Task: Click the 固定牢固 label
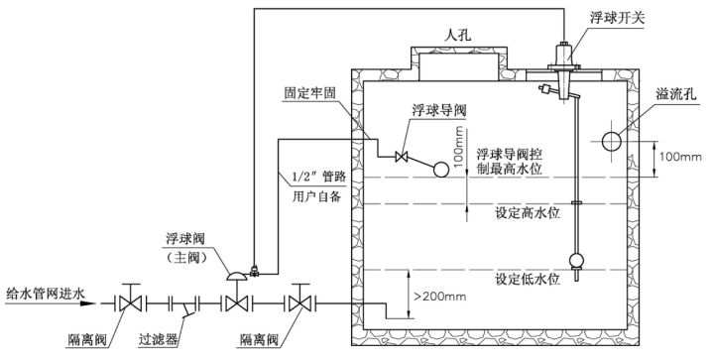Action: coord(313,93)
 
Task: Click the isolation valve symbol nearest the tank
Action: coord(297,300)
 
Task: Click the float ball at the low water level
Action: coord(574,263)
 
